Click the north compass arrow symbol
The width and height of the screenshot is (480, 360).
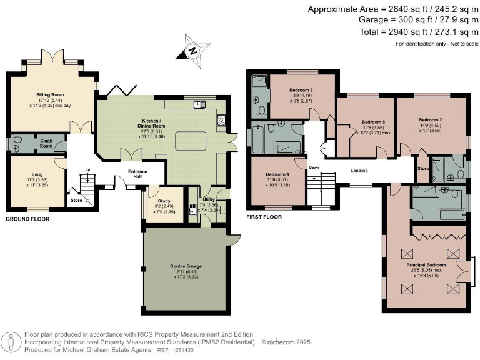click(x=194, y=51)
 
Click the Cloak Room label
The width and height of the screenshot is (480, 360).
click(x=46, y=141)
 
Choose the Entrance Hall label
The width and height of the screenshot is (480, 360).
click(x=138, y=174)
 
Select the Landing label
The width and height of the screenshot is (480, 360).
click(x=359, y=170)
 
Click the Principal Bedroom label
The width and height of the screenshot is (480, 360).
click(x=426, y=265)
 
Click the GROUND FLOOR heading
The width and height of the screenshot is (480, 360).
click(x=27, y=219)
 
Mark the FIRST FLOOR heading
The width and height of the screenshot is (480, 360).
click(x=263, y=217)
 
